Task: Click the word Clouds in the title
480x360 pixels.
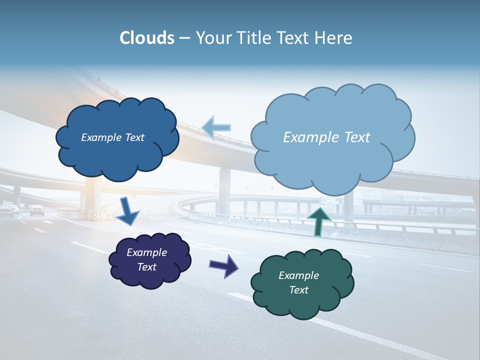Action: tap(147, 38)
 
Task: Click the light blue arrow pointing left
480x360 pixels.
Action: tap(216, 127)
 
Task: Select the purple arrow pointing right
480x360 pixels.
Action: tap(224, 266)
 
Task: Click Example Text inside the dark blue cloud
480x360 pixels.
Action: tap(112, 137)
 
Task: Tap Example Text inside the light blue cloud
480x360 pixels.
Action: tap(326, 137)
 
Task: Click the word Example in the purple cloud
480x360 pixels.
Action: tap(146, 252)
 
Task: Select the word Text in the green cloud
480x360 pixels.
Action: tap(298, 290)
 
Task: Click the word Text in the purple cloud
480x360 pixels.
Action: tap(146, 267)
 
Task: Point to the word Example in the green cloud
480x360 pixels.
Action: tap(298, 275)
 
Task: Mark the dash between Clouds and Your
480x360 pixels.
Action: tap(184, 38)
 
